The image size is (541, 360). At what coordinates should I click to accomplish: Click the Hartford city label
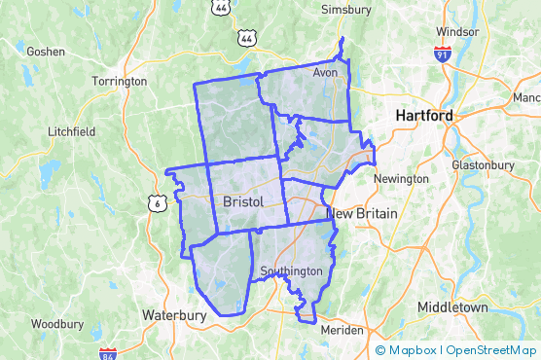(424, 116)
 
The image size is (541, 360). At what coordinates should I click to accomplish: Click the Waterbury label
(174, 315)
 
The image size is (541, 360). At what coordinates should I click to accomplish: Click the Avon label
(324, 73)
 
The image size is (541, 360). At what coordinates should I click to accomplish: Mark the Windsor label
(457, 31)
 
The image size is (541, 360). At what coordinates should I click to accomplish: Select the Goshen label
(45, 51)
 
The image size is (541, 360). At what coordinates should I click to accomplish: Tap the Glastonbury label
(483, 165)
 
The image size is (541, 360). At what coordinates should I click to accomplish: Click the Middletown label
(452, 307)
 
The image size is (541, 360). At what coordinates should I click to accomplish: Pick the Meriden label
(342, 330)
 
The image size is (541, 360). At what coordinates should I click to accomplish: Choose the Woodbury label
(56, 323)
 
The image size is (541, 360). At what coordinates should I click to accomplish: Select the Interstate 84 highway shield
(108, 354)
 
